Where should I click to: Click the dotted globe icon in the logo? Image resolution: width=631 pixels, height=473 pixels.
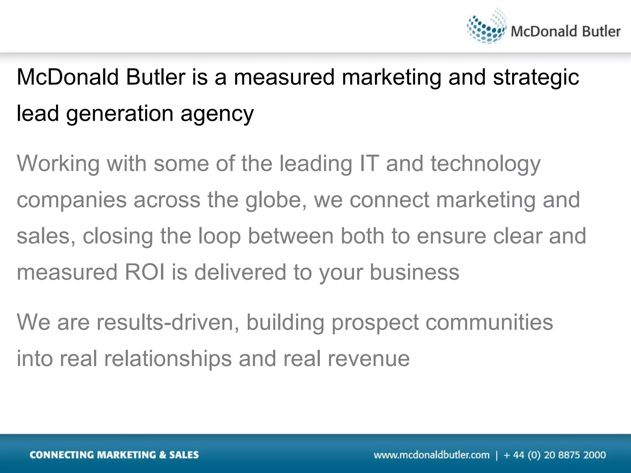(486, 28)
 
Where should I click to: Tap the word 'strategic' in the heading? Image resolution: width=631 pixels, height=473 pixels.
(536, 77)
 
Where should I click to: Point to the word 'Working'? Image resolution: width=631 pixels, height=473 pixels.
(58, 164)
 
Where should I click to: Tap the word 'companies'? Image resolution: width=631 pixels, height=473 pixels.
(71, 200)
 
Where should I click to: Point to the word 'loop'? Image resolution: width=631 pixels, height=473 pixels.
(219, 236)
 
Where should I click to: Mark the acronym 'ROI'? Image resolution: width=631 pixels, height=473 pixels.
(144, 272)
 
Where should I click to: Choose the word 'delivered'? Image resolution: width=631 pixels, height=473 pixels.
(240, 272)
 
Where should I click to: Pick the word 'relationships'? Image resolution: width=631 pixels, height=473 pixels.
(168, 359)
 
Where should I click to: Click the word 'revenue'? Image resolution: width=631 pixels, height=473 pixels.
(369, 359)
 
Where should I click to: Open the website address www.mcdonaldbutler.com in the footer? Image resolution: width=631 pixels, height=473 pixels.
(431, 455)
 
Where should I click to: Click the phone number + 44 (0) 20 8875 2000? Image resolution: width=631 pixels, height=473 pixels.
(555, 455)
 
